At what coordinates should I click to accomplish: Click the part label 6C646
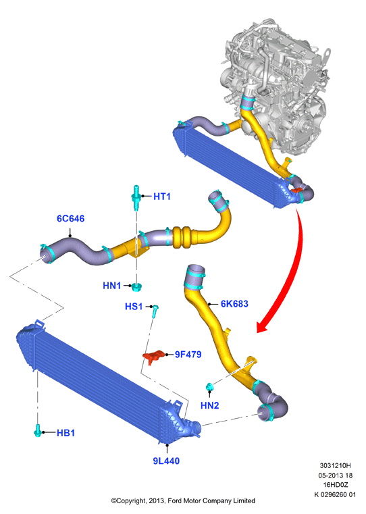[x=70, y=219]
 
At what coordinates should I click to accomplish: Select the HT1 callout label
[x=162, y=197]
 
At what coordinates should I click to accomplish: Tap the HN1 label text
[x=111, y=286]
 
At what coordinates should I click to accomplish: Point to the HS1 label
[x=134, y=307]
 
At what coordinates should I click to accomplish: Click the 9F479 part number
[x=188, y=355]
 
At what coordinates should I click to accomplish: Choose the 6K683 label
[x=234, y=304]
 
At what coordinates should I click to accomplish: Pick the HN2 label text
[x=210, y=405]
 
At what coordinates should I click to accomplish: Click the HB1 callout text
[x=66, y=433]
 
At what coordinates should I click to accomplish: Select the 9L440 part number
[x=166, y=461]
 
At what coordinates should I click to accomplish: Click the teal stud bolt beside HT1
[x=136, y=197]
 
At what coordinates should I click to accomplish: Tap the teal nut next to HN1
[x=136, y=287]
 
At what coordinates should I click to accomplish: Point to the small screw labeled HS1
[x=155, y=311]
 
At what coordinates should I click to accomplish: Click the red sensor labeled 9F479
[x=153, y=357]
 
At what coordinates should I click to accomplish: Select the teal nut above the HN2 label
[x=210, y=387]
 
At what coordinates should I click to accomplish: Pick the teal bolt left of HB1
[x=38, y=430]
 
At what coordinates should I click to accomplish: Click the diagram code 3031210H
[x=335, y=465]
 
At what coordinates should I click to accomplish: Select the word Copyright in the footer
[x=131, y=501]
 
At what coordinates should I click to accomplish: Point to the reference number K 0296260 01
[x=335, y=494]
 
